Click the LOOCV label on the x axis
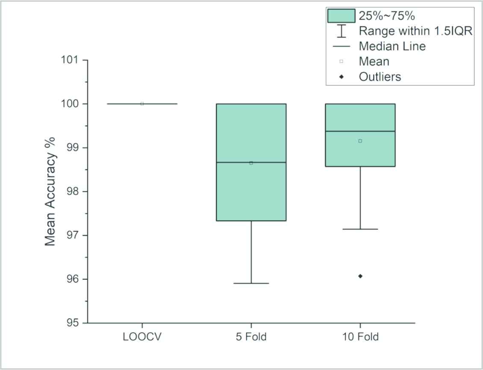tap(142, 337)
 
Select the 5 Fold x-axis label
tap(251, 337)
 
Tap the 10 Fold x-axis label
tap(360, 337)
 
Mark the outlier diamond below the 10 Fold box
tap(360, 276)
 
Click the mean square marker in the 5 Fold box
tap(251, 163)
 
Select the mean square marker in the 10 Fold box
tap(360, 141)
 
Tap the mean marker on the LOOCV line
tap(142, 104)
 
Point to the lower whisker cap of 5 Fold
tap(251, 283)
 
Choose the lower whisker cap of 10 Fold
tap(360, 229)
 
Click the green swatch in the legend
tap(341, 16)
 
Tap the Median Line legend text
tap(392, 46)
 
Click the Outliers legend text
tap(380, 77)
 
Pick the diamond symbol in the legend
tap(341, 77)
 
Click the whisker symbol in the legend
tap(341, 31)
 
